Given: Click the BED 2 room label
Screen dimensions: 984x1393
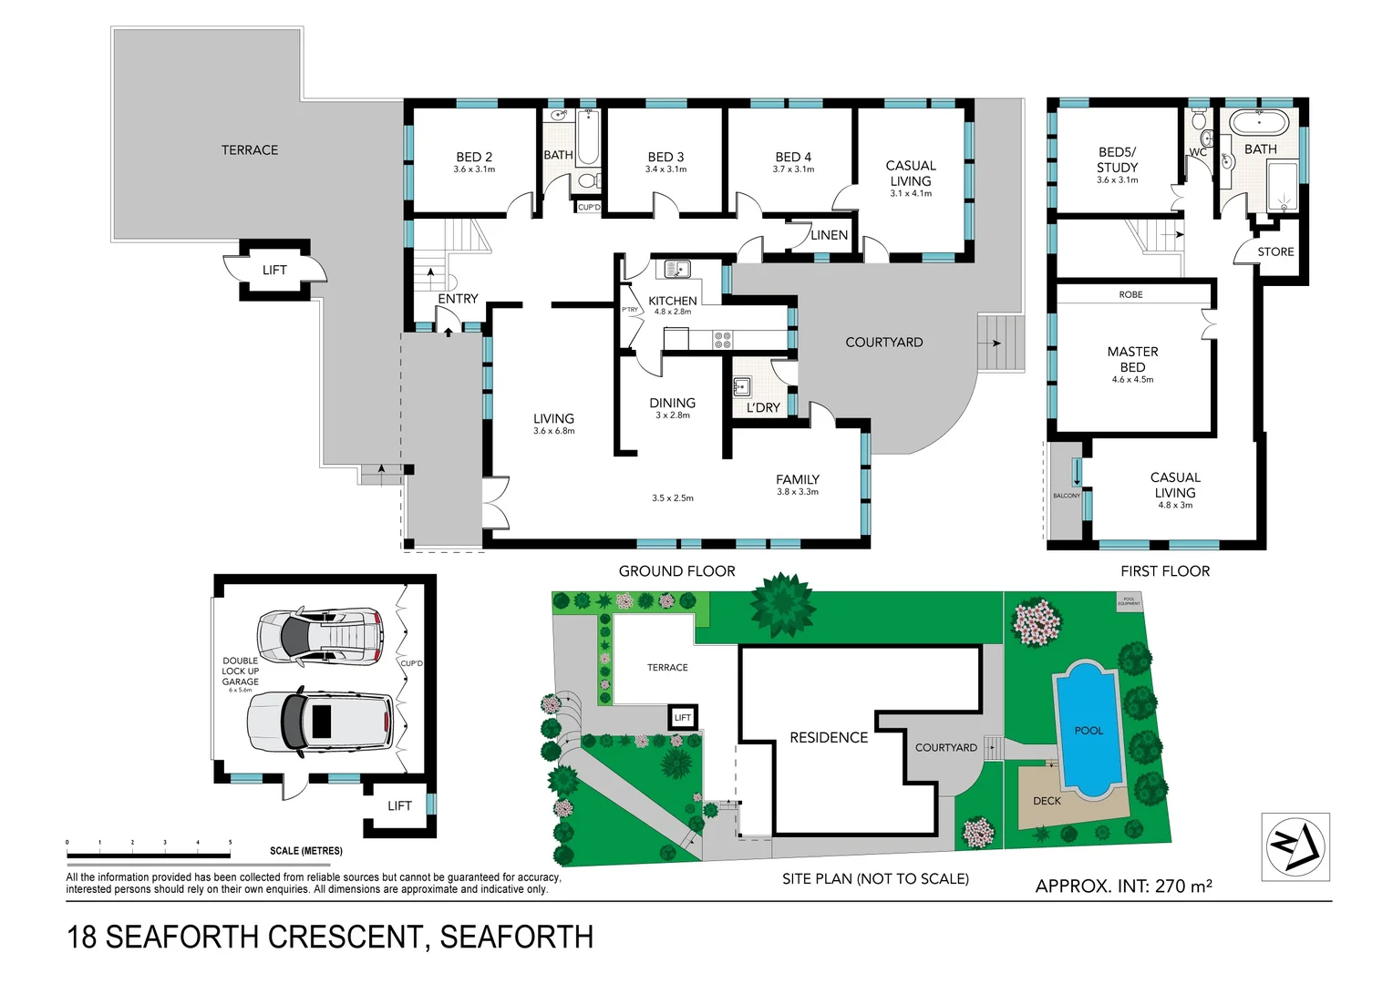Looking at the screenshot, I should point(474,158).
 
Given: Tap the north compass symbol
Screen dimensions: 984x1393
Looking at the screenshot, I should point(1295,846).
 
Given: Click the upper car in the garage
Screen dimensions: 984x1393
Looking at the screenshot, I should point(319,635).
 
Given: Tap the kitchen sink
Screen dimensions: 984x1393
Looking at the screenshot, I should point(676,269).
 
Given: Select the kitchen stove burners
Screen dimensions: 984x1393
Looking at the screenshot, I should point(722,340).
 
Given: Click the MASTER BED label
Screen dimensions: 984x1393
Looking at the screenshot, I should point(1132,359).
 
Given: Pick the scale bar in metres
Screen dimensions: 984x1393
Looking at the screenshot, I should point(148,856).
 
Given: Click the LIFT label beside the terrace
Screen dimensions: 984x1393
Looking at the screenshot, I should point(274,270).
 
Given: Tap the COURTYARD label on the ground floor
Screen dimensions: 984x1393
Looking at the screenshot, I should point(883,343).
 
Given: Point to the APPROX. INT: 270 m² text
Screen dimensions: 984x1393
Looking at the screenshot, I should point(1123,886).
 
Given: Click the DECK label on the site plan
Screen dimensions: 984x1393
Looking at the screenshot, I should point(1047,801).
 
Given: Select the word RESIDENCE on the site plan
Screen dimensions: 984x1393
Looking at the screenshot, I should point(828,738).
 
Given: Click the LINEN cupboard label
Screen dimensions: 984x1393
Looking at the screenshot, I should point(829,235).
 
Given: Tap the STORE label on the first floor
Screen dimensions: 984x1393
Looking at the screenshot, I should point(1274,252).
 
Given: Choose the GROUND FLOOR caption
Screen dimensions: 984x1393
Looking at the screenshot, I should point(676,571).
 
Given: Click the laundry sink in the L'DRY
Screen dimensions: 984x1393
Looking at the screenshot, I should point(741,386).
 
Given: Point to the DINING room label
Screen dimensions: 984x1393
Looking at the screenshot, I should point(672,403).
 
